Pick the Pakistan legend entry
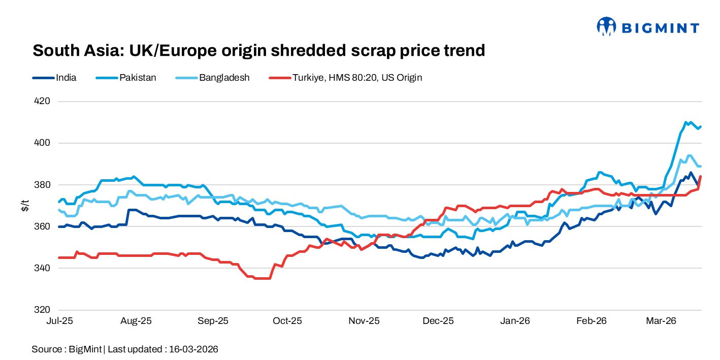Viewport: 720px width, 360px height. tap(138, 78)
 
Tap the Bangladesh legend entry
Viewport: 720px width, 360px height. tap(224, 78)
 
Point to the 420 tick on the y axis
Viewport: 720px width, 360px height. tap(43, 101)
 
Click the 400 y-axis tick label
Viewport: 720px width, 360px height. tap(43, 143)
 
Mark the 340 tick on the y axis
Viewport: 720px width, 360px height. tap(43, 268)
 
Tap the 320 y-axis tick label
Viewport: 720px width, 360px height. tap(43, 309)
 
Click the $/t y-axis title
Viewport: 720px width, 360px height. tap(24, 205)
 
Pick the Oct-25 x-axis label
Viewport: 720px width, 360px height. tap(287, 321)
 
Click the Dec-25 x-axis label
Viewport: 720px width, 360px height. tap(439, 321)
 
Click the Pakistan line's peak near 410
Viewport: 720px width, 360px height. tap(686, 122)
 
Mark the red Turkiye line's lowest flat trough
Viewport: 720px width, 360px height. tap(262, 278)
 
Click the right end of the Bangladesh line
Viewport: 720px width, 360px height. tap(700, 166)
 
